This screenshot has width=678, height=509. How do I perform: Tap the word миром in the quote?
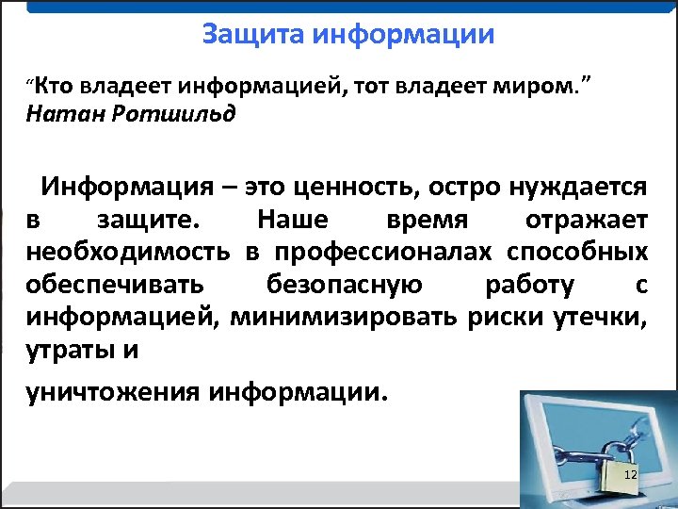(533, 88)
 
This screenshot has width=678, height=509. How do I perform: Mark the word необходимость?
(132, 253)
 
